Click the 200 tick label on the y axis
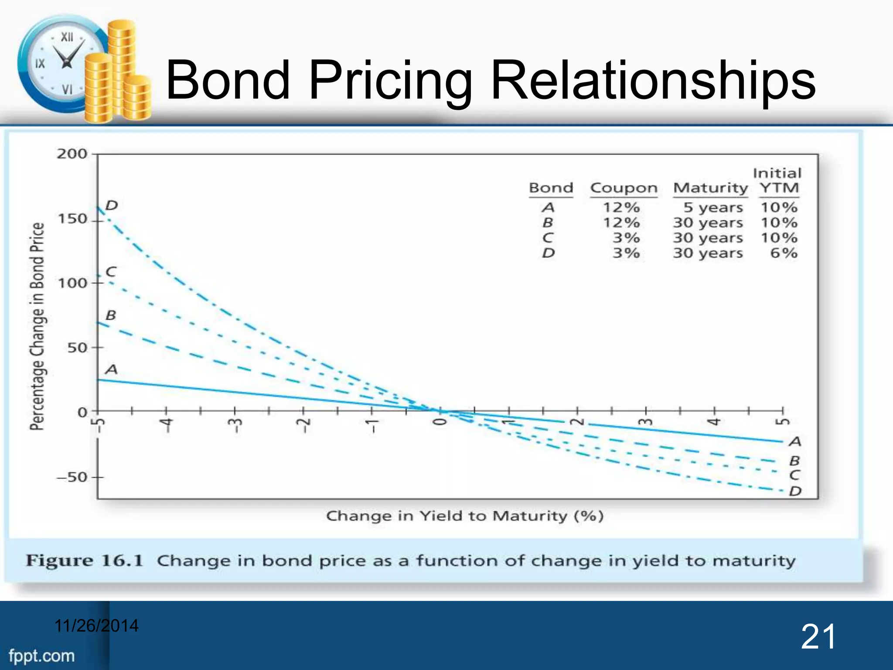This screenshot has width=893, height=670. click(x=72, y=154)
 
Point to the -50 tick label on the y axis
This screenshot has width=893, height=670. click(x=72, y=477)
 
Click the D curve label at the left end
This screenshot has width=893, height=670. click(x=112, y=205)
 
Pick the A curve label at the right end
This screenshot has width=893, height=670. click(x=795, y=442)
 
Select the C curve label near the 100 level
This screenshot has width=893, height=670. click(x=111, y=272)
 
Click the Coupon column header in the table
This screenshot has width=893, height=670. click(x=624, y=188)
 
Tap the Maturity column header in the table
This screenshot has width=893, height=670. click(x=710, y=188)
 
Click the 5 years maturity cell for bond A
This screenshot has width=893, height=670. click(x=712, y=208)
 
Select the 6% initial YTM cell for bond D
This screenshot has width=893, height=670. click(x=784, y=253)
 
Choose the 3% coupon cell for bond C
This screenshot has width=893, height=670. click(x=626, y=238)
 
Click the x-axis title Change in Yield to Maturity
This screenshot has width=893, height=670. click(x=465, y=516)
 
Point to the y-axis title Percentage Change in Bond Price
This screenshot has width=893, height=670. click(x=37, y=326)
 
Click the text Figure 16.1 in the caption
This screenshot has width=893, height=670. click(x=84, y=561)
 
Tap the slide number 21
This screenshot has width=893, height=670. click(x=818, y=637)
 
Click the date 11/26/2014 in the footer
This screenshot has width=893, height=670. click(x=96, y=626)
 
